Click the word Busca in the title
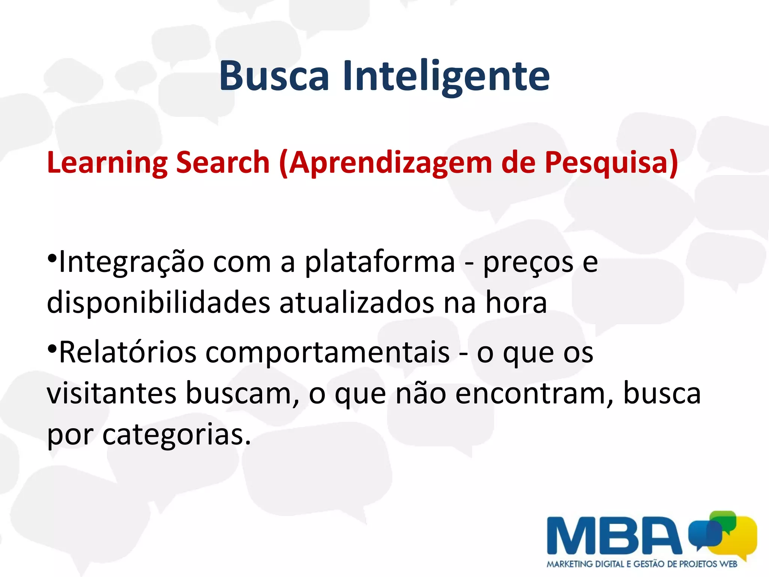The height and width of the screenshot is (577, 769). [x=274, y=76]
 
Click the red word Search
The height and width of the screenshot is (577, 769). [x=223, y=162]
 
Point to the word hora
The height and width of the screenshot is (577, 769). [x=516, y=303]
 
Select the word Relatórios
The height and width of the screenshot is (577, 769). [x=128, y=352]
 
